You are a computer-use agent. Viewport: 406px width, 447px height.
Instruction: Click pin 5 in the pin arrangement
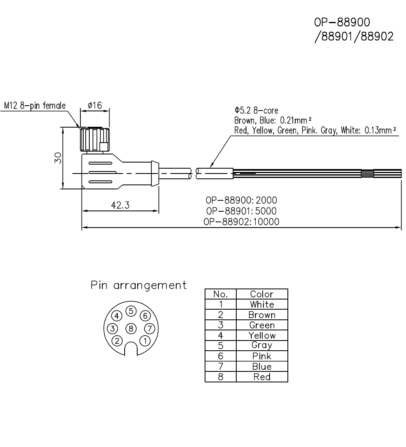130,311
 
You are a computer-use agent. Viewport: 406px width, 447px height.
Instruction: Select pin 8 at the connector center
130,328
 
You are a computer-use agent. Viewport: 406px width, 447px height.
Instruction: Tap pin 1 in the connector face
144,340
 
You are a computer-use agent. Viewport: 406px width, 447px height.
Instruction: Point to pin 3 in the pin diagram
113,328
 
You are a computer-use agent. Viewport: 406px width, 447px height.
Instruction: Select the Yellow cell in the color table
262,335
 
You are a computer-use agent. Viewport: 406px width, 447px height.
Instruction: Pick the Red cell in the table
262,377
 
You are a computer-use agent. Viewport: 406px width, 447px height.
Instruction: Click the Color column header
262,294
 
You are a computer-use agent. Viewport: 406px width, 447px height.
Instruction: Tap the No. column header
220,294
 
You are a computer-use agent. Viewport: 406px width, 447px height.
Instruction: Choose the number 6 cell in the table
220,356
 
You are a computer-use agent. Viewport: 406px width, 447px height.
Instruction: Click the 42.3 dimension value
120,206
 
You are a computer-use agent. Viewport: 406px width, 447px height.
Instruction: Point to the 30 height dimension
58,158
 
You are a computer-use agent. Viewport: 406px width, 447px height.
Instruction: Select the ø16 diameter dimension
95,106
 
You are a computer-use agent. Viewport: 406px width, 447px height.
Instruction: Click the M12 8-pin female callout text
35,106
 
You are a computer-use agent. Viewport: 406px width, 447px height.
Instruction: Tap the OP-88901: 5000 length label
241,211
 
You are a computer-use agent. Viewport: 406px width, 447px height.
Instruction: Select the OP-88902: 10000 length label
241,221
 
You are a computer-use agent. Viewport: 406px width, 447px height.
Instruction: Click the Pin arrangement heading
138,285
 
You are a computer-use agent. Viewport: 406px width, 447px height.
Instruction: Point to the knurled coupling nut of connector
94,140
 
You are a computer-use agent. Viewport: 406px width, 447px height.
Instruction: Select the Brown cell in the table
262,315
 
